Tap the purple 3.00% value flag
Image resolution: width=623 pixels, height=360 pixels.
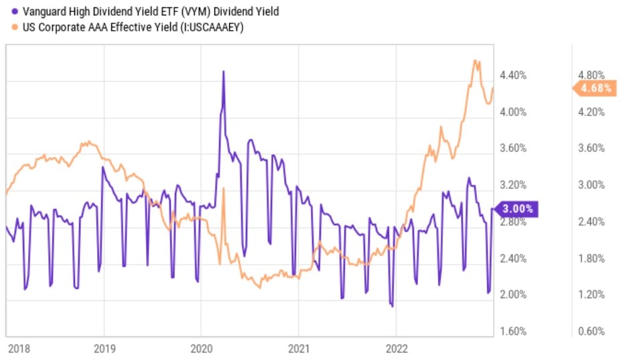click(x=516, y=208)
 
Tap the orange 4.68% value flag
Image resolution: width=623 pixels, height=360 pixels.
click(x=594, y=88)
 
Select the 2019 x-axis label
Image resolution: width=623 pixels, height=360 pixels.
click(x=104, y=349)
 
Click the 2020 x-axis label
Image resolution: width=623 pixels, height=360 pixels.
click(x=202, y=349)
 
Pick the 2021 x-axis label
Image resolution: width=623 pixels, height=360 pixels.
click(x=299, y=349)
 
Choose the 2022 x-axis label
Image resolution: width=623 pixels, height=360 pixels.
click(x=396, y=349)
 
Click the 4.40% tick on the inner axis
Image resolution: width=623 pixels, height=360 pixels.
click(x=514, y=75)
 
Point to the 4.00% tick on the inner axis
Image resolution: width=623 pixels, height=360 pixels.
click(x=514, y=112)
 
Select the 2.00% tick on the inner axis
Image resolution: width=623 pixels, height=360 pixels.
click(x=514, y=295)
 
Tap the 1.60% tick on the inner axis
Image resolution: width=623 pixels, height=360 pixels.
click(x=514, y=331)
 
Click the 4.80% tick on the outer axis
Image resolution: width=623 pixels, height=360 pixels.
click(x=592, y=75)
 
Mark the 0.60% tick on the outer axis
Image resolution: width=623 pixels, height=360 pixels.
click(x=592, y=331)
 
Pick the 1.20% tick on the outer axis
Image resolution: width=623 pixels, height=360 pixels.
click(x=592, y=295)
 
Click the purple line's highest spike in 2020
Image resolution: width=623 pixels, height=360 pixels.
click(x=223, y=71)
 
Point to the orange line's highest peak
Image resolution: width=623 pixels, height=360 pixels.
click(x=475, y=61)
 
